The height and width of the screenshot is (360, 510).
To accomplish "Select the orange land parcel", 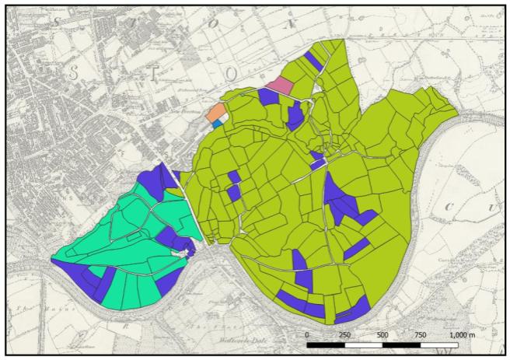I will pyautogui.click(x=216, y=113).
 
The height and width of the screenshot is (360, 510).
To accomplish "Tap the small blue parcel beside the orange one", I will pyautogui.click(x=216, y=124).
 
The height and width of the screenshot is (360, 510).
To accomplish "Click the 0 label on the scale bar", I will pyautogui.click(x=307, y=334).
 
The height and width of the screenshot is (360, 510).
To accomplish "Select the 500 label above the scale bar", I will pyautogui.click(x=382, y=334).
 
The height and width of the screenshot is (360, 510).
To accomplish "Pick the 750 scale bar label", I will pyautogui.click(x=420, y=334).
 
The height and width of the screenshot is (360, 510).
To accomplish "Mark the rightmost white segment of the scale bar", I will pyautogui.click(x=439, y=343).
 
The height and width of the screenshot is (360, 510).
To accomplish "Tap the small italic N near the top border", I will pyautogui.click(x=292, y=24).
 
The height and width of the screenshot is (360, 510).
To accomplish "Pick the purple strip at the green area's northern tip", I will pyautogui.click(x=313, y=58).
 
